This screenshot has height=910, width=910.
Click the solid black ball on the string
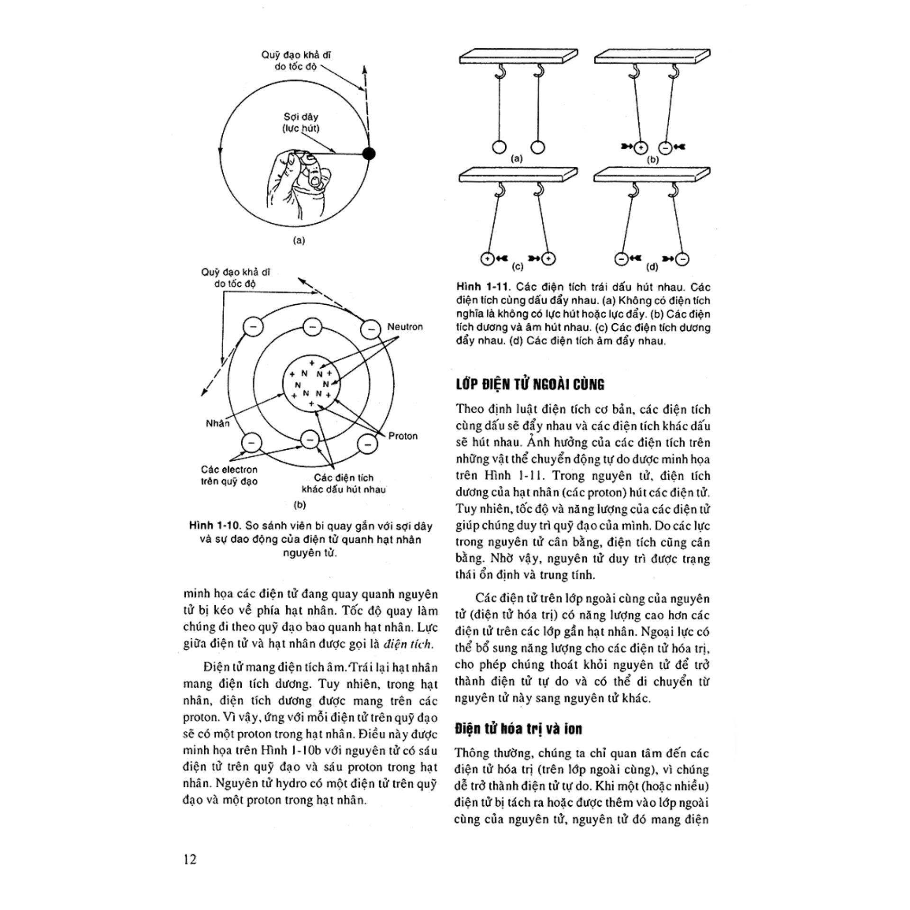pyautogui.click(x=368, y=154)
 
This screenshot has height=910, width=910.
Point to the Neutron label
pyautogui.click(x=405, y=327)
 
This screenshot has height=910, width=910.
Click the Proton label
pyautogui.click(x=403, y=436)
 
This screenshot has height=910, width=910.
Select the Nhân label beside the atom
pyautogui.click(x=218, y=423)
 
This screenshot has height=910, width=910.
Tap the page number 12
pyautogui.click(x=190, y=859)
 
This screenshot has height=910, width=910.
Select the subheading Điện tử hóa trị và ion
pyautogui.click(x=518, y=728)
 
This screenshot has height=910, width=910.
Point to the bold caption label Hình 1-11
pyautogui.click(x=482, y=287)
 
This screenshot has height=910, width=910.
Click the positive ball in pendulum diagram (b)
pyautogui.click(x=640, y=147)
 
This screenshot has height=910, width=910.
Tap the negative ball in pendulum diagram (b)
pyautogui.click(x=665, y=147)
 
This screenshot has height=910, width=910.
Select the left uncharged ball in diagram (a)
pyautogui.click(x=499, y=147)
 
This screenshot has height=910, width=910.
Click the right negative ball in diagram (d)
pyautogui.click(x=682, y=259)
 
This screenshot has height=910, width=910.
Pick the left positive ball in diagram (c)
pyautogui.click(x=487, y=259)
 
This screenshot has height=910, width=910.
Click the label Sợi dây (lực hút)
pyautogui.click(x=301, y=122)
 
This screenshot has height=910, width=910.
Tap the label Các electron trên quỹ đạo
pyautogui.click(x=229, y=475)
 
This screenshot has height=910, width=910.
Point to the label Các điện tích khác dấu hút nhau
pyautogui.click(x=344, y=483)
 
